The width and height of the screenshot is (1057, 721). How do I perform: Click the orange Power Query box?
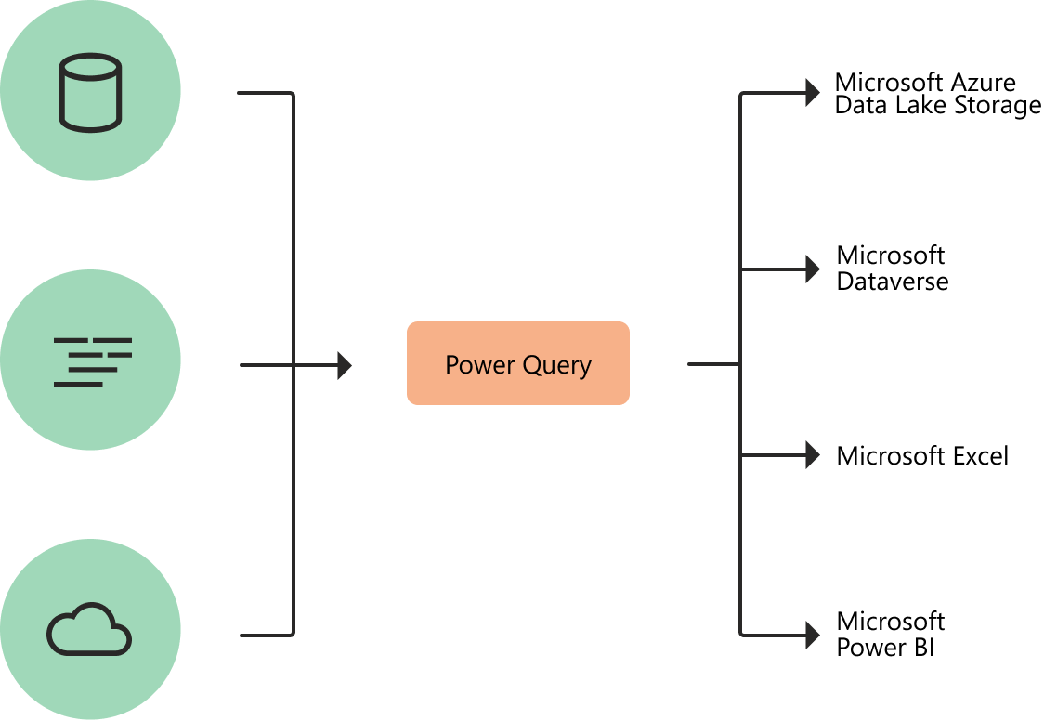518,363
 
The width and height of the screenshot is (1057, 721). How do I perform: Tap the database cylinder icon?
90,91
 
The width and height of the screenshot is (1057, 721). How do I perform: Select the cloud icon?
89,631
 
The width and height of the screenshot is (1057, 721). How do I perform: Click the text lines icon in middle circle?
92,361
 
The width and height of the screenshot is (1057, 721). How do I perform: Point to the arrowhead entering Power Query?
345,365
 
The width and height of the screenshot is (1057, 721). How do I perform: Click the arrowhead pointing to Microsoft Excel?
813,455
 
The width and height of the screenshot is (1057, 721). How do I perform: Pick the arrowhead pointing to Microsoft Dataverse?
813,270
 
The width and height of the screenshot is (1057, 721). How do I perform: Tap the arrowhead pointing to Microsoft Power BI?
813,636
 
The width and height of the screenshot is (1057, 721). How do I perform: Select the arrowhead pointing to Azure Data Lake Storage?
813,92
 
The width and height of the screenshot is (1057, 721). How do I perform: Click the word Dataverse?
892,282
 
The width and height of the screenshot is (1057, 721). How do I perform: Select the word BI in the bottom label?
922,647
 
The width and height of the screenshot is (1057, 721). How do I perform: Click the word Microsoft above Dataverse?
890,256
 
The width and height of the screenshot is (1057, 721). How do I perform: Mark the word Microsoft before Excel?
890,456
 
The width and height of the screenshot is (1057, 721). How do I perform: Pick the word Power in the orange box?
476,364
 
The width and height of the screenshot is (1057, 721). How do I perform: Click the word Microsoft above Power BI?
890,622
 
